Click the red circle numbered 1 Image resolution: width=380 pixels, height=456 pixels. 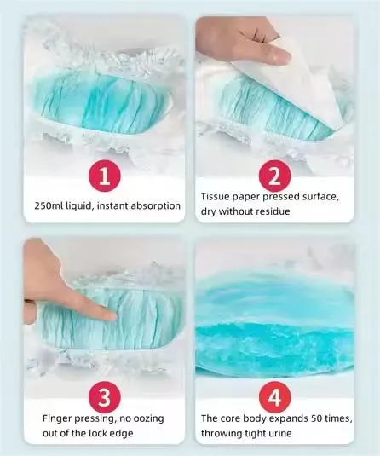[x=105, y=176]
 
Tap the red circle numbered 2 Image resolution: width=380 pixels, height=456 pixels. [x=274, y=176]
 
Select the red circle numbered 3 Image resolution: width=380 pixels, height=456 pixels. [x=105, y=397]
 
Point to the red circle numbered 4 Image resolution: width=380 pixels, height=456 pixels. [x=274, y=397]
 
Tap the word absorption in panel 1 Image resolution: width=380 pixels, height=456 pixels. [x=156, y=206]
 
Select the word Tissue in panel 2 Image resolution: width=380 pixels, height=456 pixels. [x=216, y=197]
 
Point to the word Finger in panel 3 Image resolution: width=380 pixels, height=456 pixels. [x=57, y=418]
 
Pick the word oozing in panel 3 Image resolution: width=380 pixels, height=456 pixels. [x=148, y=418]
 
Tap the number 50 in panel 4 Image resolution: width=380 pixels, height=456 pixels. [x=317, y=418]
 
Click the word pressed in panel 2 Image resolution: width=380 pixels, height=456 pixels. [x=282, y=197]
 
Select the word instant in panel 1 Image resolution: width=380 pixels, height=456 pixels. [x=112, y=205]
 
